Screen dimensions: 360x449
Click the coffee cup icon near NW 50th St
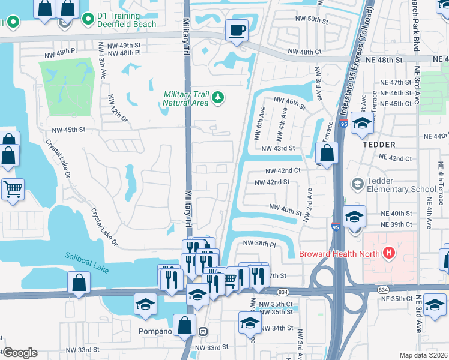pos(237,30)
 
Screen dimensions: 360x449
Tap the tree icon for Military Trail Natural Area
pos(218,97)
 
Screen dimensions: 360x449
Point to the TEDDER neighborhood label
pos(378,145)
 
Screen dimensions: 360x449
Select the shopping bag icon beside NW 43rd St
pos(327,152)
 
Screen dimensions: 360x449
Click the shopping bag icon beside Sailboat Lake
pos(79,283)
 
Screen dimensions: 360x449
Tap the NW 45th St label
pos(68,130)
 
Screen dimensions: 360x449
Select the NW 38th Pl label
pos(259,244)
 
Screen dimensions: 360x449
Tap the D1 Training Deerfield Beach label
pos(127,20)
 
